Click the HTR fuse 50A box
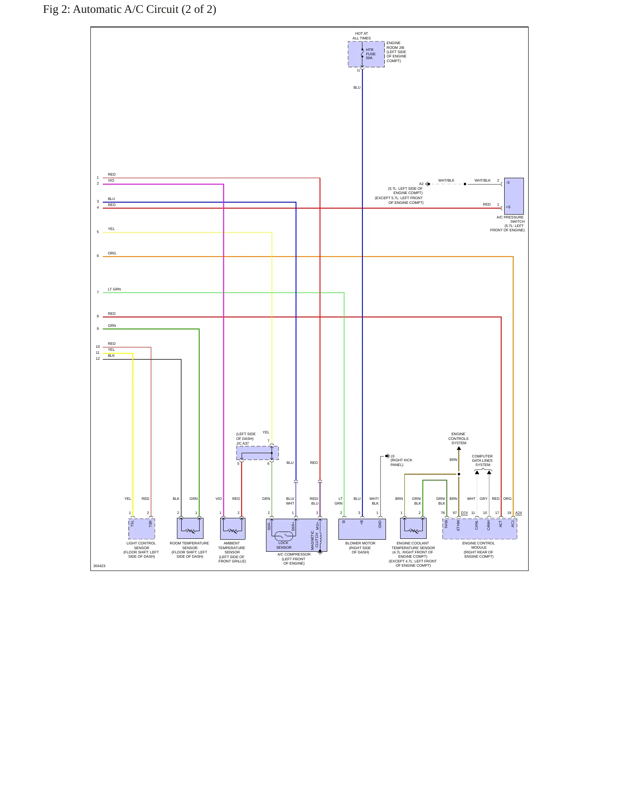pyautogui.click(x=366, y=54)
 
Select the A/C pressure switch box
pyautogui.click(x=514, y=196)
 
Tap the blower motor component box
pyautogui.click(x=362, y=529)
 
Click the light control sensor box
pyautogui.click(x=142, y=529)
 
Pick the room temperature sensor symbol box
pyautogui.click(x=190, y=528)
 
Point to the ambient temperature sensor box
pyautogui.click(x=233, y=529)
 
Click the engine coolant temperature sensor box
pyautogui.click(x=413, y=528)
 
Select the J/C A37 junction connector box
pyautogui.click(x=257, y=453)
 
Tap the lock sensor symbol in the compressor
pyautogui.click(x=284, y=535)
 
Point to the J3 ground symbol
pyautogui.click(x=387, y=456)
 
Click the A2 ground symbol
pyautogui.click(x=428, y=184)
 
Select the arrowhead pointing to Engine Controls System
pyautogui.click(x=459, y=448)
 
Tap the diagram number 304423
pyautogui.click(x=99, y=566)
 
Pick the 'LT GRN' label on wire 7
pyautogui.click(x=114, y=289)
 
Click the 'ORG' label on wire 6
pyautogui.click(x=112, y=253)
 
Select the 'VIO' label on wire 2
pyautogui.click(x=111, y=180)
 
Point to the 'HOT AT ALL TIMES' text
pyautogui.click(x=362, y=36)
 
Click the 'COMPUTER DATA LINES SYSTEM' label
pyautogui.click(x=482, y=460)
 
